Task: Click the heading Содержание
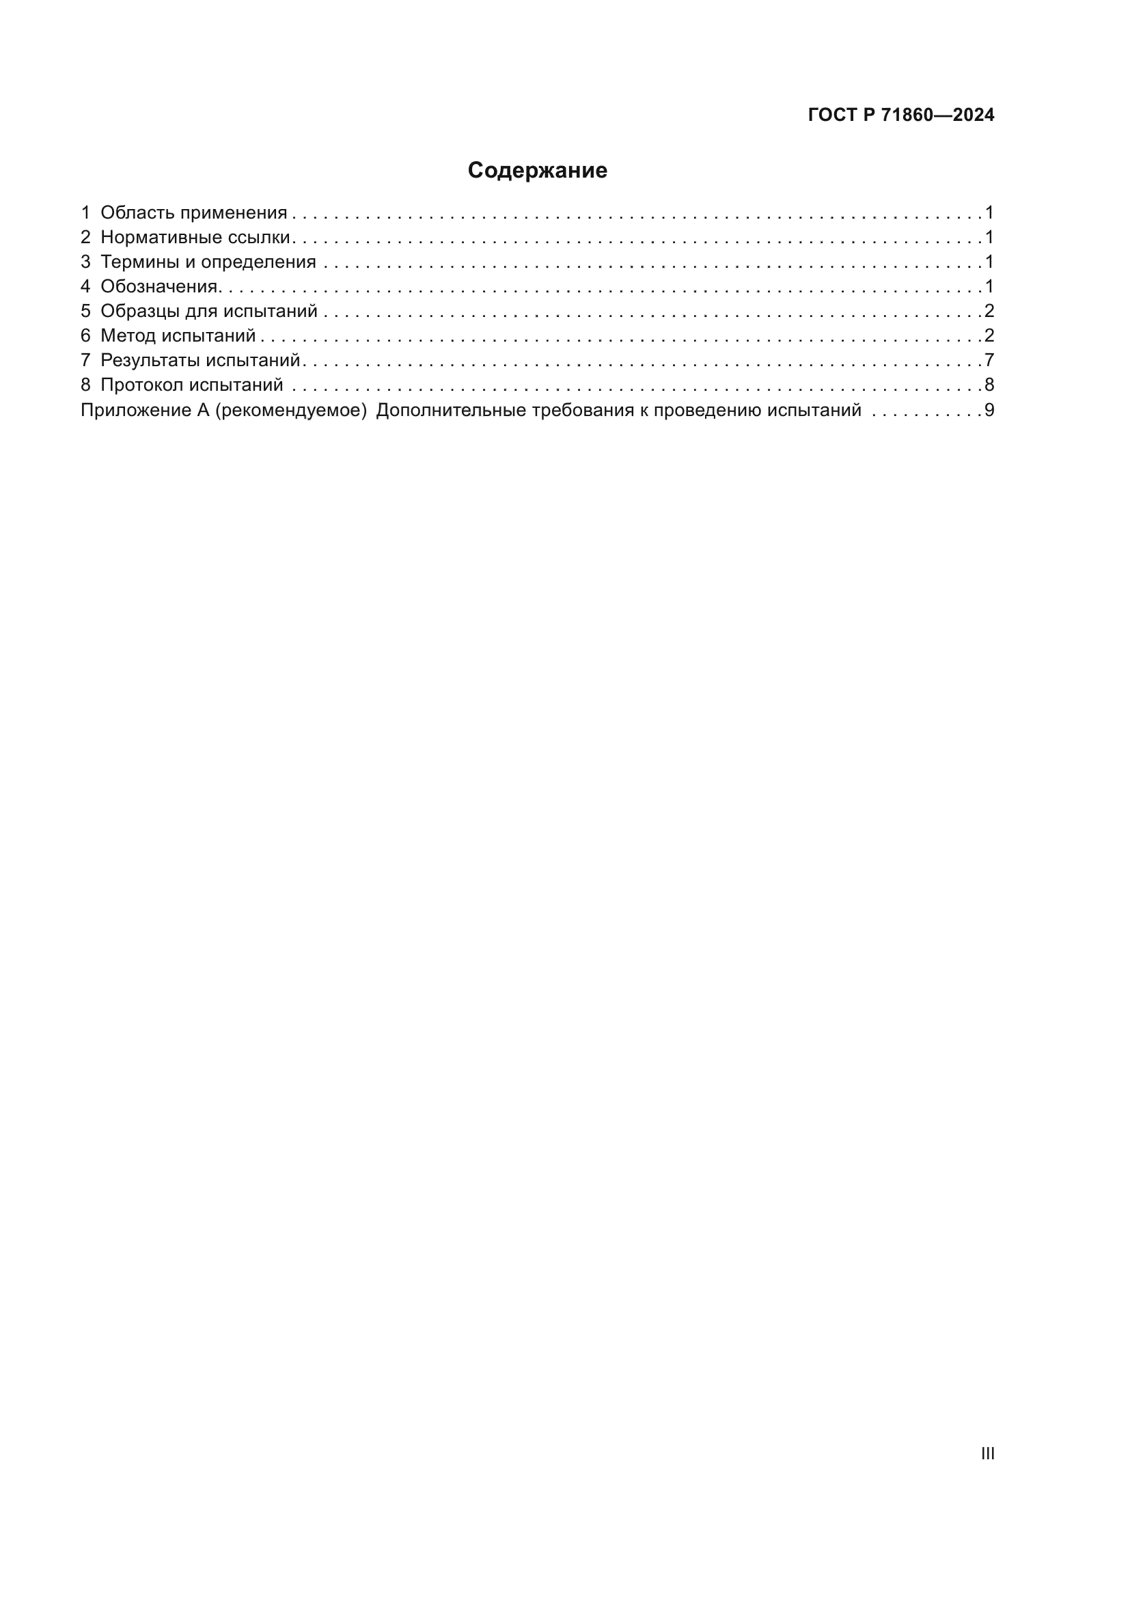tap(536, 171)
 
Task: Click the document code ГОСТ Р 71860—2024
tap(900, 115)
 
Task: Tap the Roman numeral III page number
tap(987, 1453)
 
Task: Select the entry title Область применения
tap(193, 213)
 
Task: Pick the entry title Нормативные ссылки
tap(195, 237)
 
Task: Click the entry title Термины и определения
tap(208, 262)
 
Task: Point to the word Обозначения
tap(159, 287)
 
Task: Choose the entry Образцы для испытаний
tap(209, 311)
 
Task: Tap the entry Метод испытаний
tap(178, 336)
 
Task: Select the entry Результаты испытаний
tap(199, 361)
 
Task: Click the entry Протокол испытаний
tap(191, 385)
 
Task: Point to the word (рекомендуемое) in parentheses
tap(291, 411)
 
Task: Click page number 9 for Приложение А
tap(989, 411)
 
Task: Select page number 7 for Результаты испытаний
tap(989, 361)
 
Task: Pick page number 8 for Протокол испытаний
tap(989, 385)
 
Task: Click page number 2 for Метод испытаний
tap(989, 336)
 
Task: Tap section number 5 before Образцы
tap(85, 311)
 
